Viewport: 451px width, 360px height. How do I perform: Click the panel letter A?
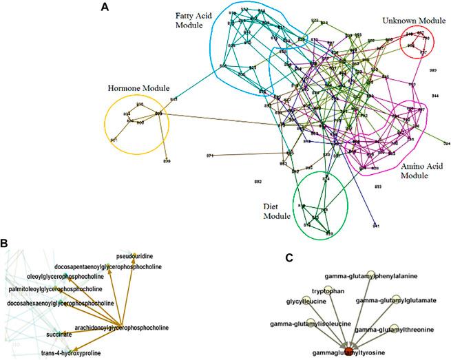click(104, 8)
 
